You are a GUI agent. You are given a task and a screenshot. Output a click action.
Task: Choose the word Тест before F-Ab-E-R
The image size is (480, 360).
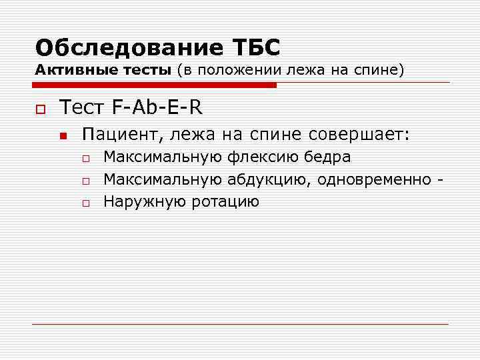(80, 106)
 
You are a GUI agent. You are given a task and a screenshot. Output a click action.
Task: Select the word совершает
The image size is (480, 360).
(360, 135)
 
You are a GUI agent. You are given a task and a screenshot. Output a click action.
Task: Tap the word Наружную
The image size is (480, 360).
(145, 201)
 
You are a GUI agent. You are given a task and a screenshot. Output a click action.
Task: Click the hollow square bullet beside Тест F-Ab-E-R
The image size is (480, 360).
(41, 107)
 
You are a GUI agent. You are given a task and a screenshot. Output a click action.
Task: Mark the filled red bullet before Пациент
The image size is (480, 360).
(63, 136)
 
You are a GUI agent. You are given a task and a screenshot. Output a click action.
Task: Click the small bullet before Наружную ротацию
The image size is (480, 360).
(86, 203)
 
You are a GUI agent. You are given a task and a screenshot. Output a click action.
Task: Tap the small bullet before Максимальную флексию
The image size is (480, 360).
(86, 159)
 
